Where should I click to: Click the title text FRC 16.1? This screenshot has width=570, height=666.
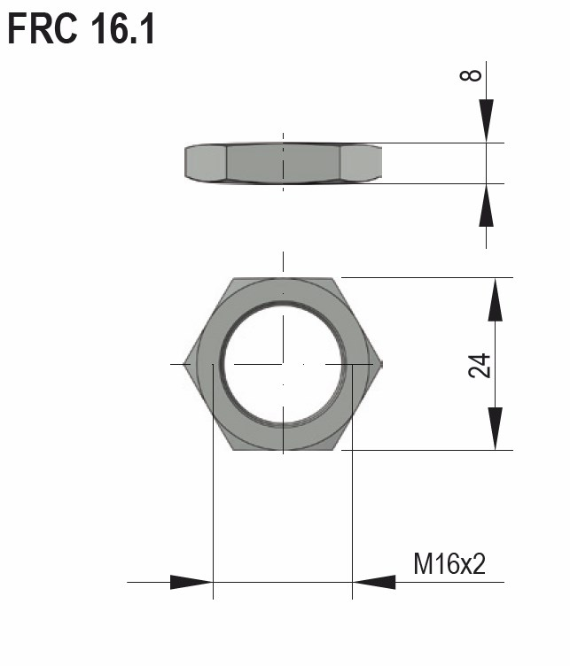click(x=82, y=28)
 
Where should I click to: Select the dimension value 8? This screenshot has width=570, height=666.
click(x=472, y=74)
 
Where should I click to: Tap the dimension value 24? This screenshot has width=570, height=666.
click(x=480, y=364)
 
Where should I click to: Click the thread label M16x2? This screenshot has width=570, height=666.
click(x=449, y=563)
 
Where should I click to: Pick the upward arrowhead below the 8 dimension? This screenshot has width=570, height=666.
click(x=486, y=205)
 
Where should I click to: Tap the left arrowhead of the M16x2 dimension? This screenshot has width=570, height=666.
click(x=191, y=582)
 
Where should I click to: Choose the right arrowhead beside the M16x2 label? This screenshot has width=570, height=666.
click(x=374, y=582)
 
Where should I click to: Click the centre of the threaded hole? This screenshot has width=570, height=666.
click(x=283, y=364)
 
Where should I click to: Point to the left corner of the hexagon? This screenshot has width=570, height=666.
click(x=185, y=364)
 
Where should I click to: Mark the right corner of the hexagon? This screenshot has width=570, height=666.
click(x=381, y=364)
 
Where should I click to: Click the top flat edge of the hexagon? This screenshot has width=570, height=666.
click(x=284, y=279)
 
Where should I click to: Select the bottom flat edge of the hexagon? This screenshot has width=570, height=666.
click(x=284, y=449)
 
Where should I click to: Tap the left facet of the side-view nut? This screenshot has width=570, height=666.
click(x=206, y=163)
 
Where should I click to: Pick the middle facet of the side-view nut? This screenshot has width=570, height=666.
click(x=284, y=163)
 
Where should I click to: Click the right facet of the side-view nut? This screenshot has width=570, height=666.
click(x=361, y=163)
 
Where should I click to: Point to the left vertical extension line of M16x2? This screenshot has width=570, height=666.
click(x=213, y=496)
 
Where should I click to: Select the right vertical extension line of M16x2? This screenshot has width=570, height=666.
click(x=352, y=496)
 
